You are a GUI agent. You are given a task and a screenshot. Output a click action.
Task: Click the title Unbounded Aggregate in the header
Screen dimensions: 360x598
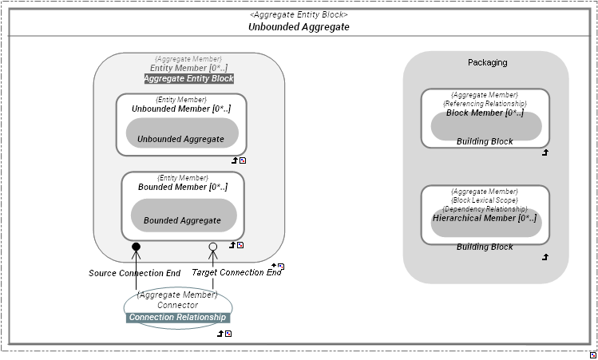point(299,27)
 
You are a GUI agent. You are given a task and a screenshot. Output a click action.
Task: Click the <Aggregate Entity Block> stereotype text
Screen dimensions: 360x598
point(299,14)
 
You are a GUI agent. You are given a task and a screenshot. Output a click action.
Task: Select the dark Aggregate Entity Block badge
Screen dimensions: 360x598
point(189,79)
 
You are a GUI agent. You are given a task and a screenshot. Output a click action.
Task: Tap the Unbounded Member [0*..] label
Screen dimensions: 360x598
point(181,109)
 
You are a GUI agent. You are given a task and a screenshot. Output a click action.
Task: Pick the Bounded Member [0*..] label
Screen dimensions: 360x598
point(183,187)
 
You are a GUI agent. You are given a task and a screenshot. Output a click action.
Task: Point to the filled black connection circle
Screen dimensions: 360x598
point(136,247)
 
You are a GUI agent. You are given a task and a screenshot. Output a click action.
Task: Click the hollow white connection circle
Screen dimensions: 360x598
point(213,247)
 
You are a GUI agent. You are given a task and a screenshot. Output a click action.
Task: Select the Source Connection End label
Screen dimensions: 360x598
point(134,273)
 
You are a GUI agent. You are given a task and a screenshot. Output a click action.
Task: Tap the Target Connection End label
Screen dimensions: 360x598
point(236,273)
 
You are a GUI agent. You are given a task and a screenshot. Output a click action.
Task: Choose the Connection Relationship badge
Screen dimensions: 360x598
point(178,318)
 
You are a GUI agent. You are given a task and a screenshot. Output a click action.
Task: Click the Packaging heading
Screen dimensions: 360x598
point(487,62)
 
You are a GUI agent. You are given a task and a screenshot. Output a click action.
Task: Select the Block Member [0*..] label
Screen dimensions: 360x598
point(485,113)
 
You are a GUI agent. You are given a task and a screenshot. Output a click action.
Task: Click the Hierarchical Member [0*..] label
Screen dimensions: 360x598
point(485,218)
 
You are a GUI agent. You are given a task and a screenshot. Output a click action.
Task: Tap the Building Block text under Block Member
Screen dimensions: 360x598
point(485,142)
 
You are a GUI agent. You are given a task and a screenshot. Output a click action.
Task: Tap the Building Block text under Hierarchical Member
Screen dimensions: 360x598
point(485,247)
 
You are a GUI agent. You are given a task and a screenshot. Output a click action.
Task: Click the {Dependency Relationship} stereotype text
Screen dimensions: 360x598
point(485,209)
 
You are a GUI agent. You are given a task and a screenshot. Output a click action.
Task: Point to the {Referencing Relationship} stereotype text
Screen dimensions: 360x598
point(485,104)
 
